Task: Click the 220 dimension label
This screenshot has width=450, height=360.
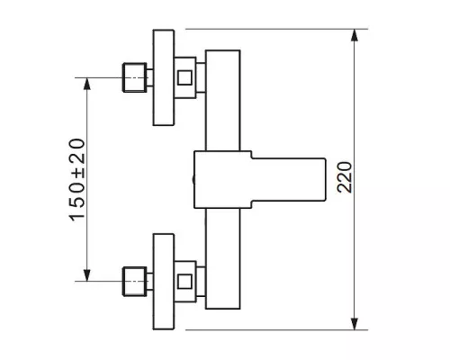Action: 344,177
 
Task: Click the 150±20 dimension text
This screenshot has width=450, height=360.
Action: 77,180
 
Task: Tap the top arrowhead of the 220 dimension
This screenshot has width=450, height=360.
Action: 355,35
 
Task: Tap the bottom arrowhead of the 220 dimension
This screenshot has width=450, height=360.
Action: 355,324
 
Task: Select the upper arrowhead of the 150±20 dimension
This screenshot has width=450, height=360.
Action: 87,84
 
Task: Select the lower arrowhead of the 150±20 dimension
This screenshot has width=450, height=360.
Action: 87,275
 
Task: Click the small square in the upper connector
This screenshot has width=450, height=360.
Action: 184,77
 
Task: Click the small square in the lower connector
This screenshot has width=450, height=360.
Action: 184,282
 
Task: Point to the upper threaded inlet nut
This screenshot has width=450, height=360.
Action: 135,77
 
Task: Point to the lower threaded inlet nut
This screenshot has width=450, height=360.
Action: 135,282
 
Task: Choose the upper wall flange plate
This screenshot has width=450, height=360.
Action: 164,77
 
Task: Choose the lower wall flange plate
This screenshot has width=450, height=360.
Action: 164,282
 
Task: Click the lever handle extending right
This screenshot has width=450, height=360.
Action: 289,179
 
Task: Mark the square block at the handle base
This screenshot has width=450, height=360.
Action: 222,179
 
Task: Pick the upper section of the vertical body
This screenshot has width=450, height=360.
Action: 223,101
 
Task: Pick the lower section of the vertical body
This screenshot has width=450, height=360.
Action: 223,258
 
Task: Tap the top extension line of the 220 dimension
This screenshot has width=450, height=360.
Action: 276,29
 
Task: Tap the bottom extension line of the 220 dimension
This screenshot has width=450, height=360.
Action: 276,330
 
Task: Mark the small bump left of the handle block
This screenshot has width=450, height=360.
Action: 193,180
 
